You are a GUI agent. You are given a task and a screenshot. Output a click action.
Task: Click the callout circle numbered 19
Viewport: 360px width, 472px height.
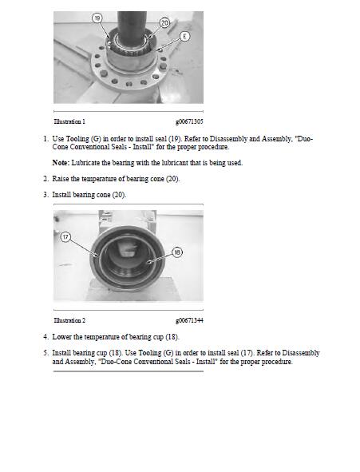pyautogui.click(x=97, y=17)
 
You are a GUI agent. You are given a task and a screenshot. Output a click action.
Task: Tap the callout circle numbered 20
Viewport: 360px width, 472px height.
pyautogui.click(x=164, y=23)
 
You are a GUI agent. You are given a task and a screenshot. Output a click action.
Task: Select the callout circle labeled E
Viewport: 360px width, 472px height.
pyautogui.click(x=185, y=35)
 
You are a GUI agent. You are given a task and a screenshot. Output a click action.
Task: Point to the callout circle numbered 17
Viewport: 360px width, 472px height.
pyautogui.click(x=65, y=236)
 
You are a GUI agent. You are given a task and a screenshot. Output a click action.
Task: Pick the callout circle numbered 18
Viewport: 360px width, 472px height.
pyautogui.click(x=176, y=252)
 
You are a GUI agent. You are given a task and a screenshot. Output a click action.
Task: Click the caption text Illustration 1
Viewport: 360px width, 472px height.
pyautogui.click(x=69, y=121)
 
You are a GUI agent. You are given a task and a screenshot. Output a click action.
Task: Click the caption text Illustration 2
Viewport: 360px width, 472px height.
pyautogui.click(x=69, y=319)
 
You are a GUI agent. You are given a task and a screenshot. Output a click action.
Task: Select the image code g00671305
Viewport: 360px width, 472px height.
pyautogui.click(x=189, y=121)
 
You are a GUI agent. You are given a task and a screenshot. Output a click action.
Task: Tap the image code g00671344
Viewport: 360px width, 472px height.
pyautogui.click(x=189, y=319)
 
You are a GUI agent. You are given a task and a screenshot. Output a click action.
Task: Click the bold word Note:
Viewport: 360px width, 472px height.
pyautogui.click(x=61, y=163)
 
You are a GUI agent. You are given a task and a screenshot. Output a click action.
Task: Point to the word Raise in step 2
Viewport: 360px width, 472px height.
pyautogui.click(x=61, y=179)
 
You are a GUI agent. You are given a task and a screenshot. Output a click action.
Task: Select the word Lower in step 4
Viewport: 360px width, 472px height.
pyautogui.click(x=62, y=337)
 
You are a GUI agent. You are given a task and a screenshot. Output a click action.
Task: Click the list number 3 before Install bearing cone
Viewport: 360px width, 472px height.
pyautogui.click(x=45, y=195)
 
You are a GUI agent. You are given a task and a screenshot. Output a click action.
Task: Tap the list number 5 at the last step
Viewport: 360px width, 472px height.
pyautogui.click(x=45, y=352)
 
